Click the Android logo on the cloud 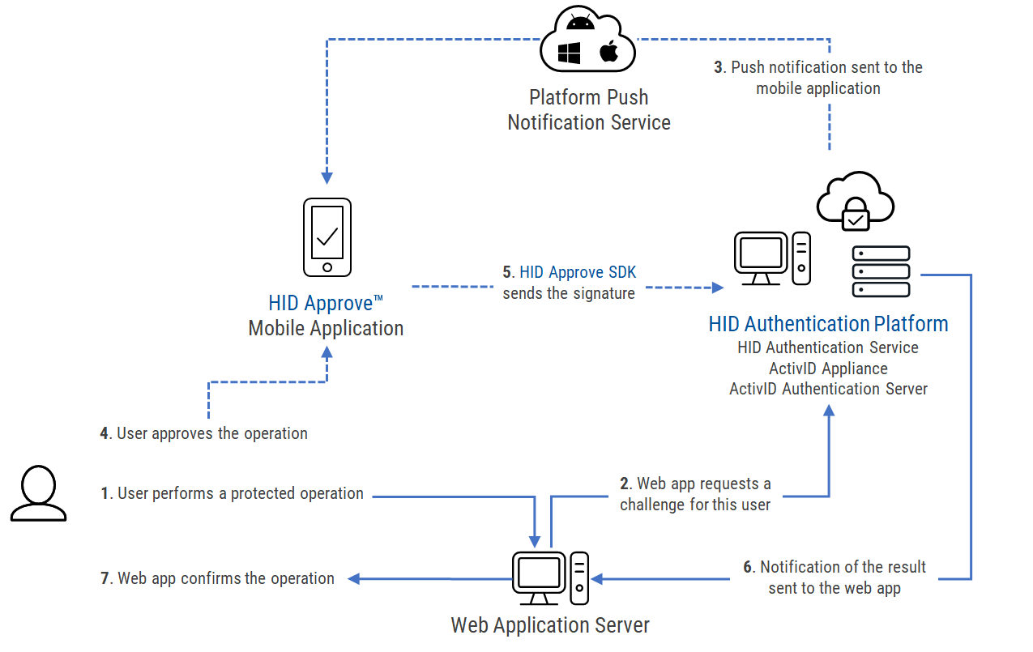581,22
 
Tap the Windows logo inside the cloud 570,53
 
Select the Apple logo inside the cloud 608,53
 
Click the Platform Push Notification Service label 589,110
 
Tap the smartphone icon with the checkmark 327,237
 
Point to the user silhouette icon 38,493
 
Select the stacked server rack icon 881,271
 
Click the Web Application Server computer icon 550,578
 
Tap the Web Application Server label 550,625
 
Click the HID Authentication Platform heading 828,325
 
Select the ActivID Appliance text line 828,369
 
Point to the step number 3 719,67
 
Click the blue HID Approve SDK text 578,273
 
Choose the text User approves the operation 212,433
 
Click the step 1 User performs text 240,493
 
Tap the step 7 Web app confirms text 225,578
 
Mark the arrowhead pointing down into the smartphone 327,177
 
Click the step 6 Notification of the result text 843,567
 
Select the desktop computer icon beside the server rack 771,259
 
